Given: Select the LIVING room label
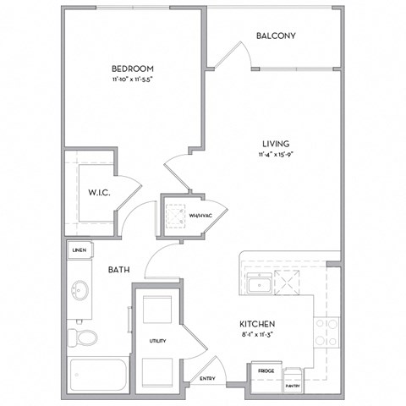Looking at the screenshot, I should pyautogui.click(x=277, y=144).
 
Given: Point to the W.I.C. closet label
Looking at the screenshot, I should pyautogui.click(x=99, y=191).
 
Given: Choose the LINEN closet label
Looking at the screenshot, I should pyautogui.click(x=80, y=250).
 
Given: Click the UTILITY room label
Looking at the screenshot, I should pyautogui.click(x=158, y=341).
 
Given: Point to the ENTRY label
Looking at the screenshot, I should pyautogui.click(x=207, y=378).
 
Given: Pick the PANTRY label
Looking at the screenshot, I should pyautogui.click(x=293, y=386).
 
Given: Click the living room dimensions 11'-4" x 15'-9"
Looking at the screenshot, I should pyautogui.click(x=277, y=155).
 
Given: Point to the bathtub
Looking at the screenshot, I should pyautogui.click(x=96, y=372).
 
